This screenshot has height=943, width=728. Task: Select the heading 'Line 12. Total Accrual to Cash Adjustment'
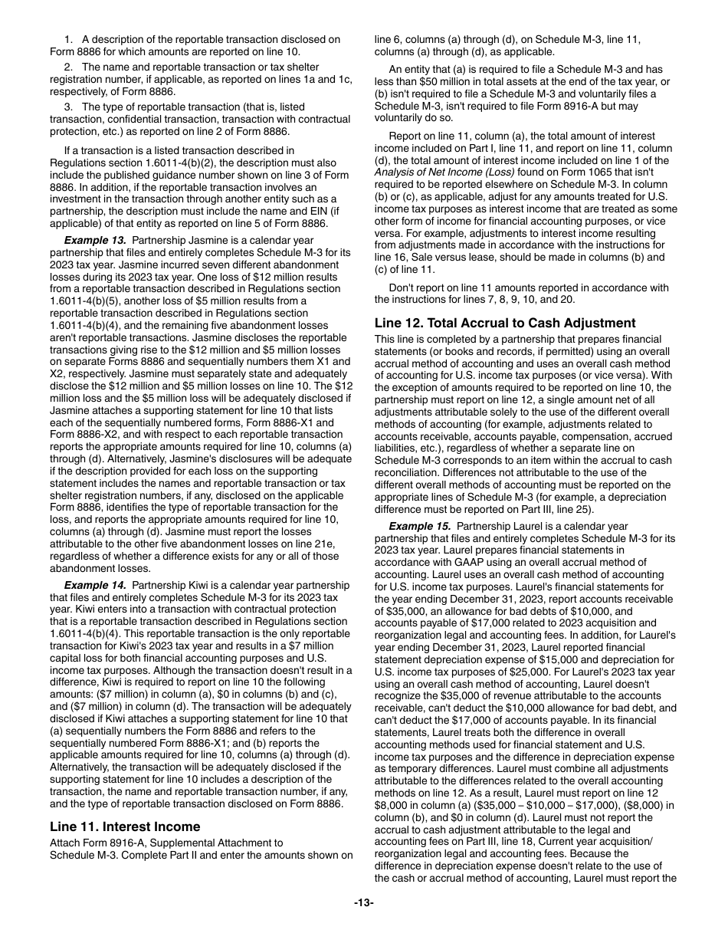(x=505, y=323)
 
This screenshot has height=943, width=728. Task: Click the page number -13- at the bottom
(x=364, y=903)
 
